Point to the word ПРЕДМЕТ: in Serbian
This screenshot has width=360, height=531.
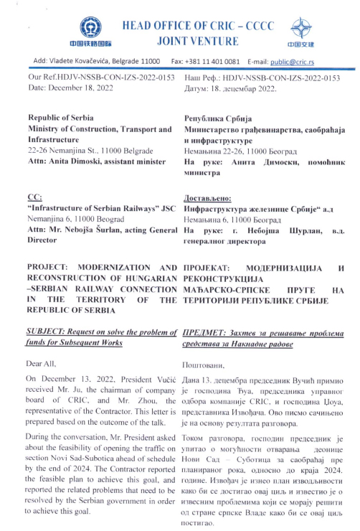pyautogui.click(x=207, y=332)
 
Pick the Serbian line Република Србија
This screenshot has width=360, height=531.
pyautogui.click(x=217, y=116)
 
